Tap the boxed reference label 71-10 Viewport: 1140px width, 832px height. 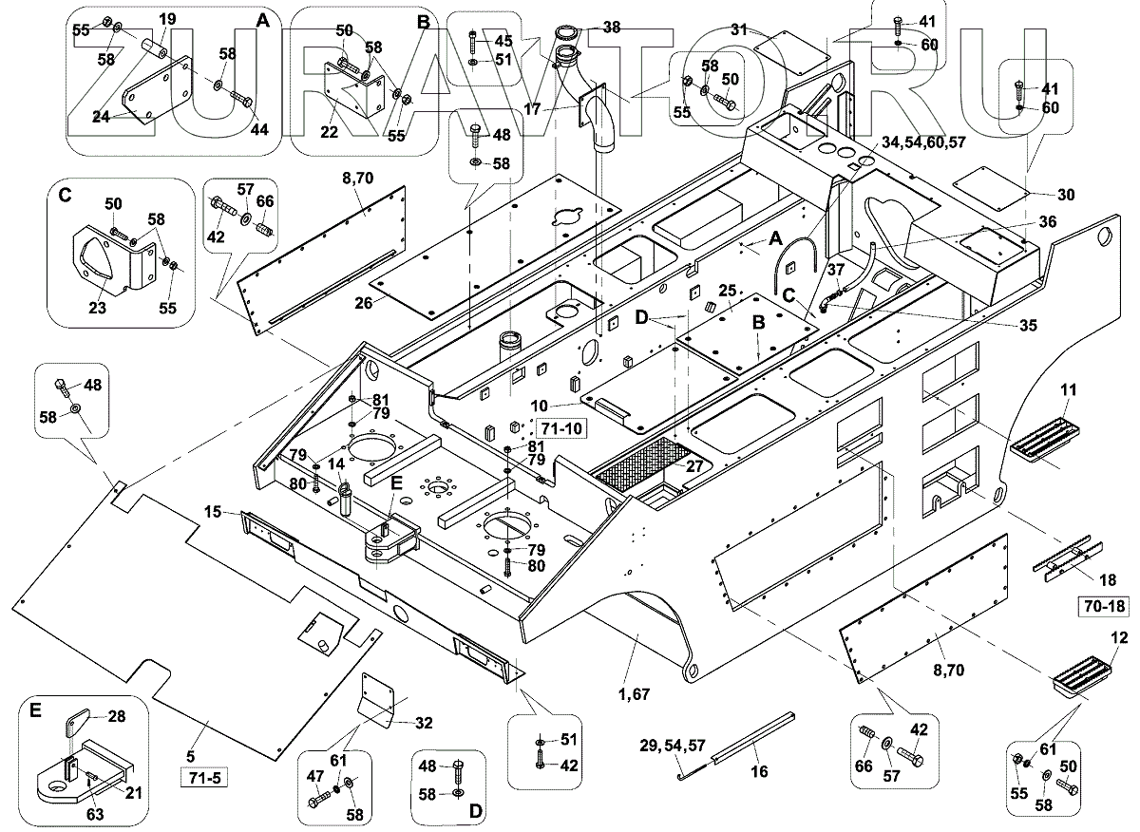[x=560, y=427]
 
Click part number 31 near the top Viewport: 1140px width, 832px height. [x=740, y=29]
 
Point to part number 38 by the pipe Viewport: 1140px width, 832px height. [x=612, y=28]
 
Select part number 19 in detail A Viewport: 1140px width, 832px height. [x=166, y=19]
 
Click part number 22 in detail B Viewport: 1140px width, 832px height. [x=329, y=131]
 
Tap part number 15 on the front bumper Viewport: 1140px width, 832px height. [x=214, y=512]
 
